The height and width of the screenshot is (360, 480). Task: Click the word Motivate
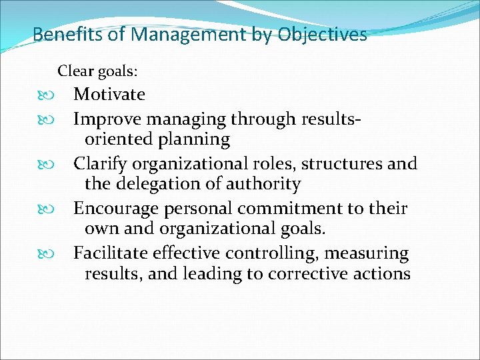[109, 95]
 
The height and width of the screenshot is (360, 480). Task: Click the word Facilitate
[110, 254]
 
